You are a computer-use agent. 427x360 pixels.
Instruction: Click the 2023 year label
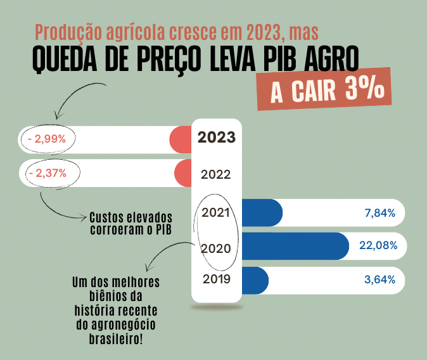tap(217, 138)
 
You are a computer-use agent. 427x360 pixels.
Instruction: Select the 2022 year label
tap(215, 174)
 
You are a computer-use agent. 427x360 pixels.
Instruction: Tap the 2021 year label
tap(215, 212)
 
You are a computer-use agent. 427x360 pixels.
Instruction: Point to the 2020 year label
tap(215, 248)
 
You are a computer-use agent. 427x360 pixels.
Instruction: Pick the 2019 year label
tap(216, 279)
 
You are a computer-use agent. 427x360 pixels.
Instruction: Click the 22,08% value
tap(378, 246)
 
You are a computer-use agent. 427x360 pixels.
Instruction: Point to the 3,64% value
tap(380, 280)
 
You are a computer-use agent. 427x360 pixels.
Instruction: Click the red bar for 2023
tap(181, 139)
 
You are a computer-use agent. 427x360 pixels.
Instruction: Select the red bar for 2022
tap(182, 173)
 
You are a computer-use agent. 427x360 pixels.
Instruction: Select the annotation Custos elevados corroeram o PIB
tap(131, 222)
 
